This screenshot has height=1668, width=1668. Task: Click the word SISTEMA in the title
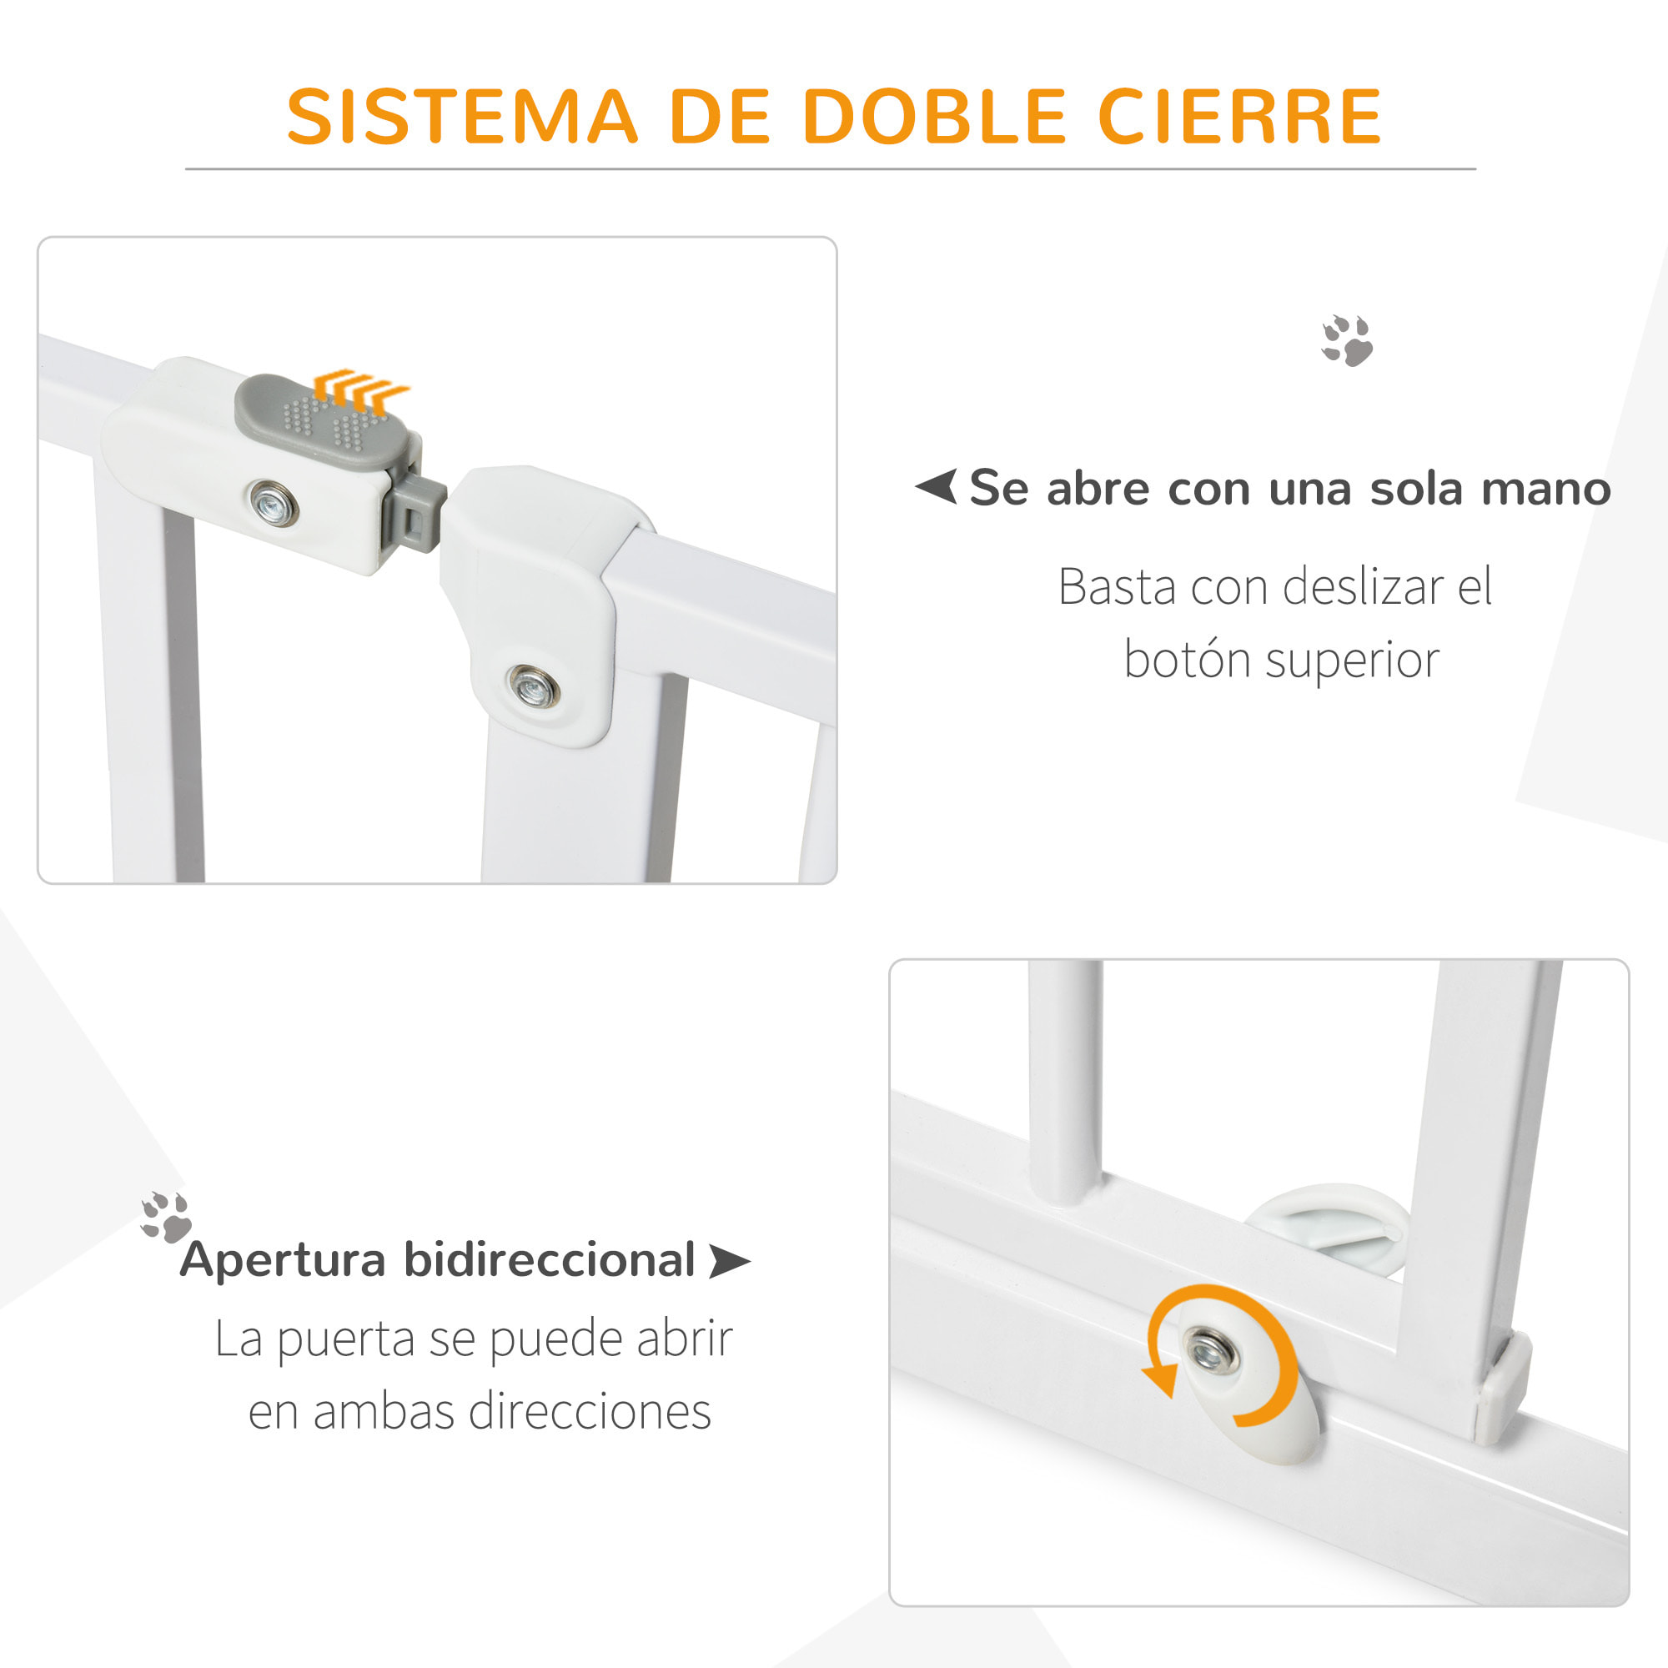tap(462, 117)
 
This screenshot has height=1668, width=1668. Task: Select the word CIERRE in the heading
tap(1240, 117)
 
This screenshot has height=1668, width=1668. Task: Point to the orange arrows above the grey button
tap(360, 389)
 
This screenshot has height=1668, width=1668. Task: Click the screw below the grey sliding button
tap(273, 501)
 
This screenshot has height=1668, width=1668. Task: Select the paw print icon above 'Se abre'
tap(1347, 340)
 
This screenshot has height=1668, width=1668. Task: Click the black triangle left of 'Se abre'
tap(937, 487)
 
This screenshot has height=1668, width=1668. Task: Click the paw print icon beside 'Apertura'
tap(166, 1218)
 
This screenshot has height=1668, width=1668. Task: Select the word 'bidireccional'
tap(549, 1259)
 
